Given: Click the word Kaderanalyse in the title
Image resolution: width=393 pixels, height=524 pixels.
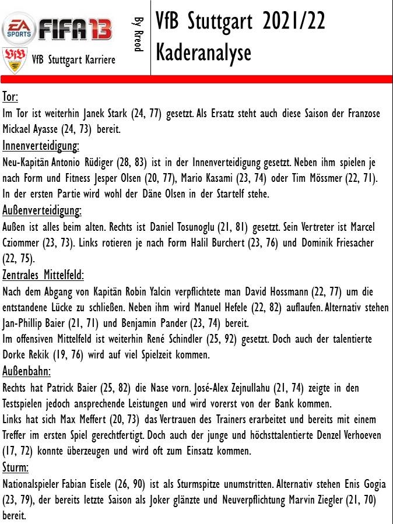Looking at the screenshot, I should click(x=203, y=52).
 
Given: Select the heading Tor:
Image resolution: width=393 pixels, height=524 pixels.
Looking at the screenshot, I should click(x=10, y=97).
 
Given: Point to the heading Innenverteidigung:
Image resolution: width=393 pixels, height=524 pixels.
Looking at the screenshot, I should click(x=41, y=145).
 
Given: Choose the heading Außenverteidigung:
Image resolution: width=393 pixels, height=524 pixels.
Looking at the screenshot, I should click(x=42, y=209).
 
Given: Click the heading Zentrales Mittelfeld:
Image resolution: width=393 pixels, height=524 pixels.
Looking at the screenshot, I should click(x=43, y=274).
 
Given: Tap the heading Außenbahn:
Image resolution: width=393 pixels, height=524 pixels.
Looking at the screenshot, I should click(x=26, y=371).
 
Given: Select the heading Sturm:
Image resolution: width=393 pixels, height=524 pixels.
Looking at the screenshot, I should click(x=16, y=467).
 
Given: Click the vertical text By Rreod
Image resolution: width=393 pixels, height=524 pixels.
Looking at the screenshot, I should click(x=138, y=34).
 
